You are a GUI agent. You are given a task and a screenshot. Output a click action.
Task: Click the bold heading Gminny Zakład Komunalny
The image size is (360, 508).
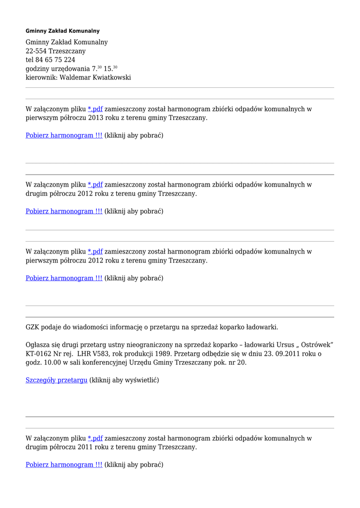click(x=63, y=31)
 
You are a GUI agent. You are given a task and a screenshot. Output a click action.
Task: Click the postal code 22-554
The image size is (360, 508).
click(x=37, y=51)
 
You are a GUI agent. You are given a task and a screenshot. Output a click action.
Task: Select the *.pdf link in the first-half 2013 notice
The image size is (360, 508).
click(x=95, y=109)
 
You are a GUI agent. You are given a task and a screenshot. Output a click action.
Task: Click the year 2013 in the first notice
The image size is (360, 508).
click(x=96, y=118)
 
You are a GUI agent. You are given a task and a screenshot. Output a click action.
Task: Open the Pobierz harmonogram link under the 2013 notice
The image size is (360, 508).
click(x=64, y=135)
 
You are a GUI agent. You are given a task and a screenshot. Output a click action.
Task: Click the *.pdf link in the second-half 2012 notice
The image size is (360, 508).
click(x=95, y=185)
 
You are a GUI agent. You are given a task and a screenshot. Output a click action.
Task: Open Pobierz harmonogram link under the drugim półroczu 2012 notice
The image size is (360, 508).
click(x=64, y=211)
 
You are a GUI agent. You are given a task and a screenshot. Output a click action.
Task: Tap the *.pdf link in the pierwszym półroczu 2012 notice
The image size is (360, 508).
click(x=95, y=252)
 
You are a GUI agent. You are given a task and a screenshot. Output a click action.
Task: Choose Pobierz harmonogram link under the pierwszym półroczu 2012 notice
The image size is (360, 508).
click(x=64, y=278)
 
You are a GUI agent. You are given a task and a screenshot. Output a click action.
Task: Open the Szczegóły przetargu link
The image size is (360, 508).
click(x=57, y=381)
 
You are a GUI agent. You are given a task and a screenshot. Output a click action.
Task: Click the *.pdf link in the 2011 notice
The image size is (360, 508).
click(x=95, y=439)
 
